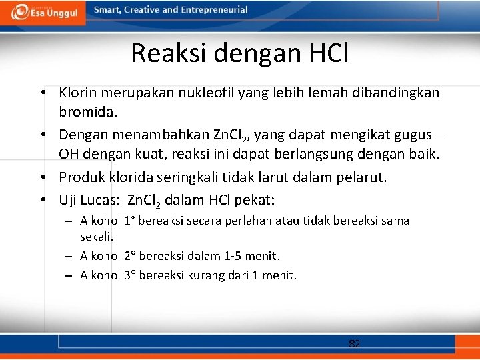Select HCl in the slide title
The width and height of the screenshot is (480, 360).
click(x=325, y=53)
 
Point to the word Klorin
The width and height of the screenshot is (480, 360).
click(x=79, y=92)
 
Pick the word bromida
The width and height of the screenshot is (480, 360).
click(x=86, y=109)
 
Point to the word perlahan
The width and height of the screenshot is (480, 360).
click(x=249, y=221)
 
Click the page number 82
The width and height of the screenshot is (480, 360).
click(x=355, y=344)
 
